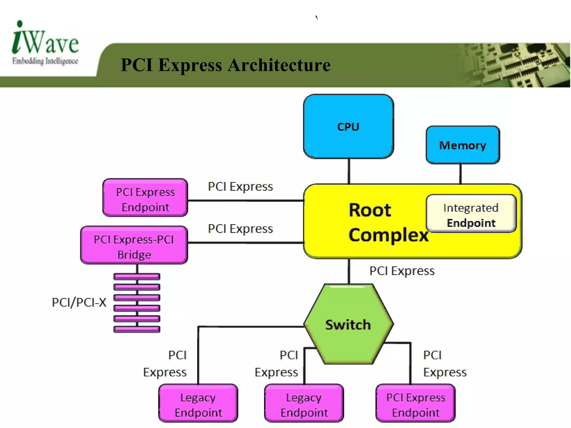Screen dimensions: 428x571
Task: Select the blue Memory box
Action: coord(463,145)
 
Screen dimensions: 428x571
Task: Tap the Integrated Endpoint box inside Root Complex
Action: coord(471,214)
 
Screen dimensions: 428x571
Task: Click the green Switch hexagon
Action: coord(348,324)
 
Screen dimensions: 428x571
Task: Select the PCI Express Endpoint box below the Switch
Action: coord(415,404)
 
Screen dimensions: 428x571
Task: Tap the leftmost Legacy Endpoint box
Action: coord(198,404)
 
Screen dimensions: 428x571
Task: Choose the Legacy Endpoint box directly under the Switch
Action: coord(304,404)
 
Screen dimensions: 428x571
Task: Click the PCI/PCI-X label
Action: coord(79,303)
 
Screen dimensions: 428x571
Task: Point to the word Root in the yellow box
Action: coord(370,210)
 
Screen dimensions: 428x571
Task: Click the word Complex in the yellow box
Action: coord(388,235)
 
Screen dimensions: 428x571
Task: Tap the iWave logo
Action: coord(45,39)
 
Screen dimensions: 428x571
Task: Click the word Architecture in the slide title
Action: coord(279,65)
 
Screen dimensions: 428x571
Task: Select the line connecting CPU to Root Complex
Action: coord(349,171)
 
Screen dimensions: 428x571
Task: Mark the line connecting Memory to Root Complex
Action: coord(460,173)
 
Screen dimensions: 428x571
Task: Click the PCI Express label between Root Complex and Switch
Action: coord(402,271)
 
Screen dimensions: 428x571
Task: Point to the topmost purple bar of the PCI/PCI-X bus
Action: coord(137,277)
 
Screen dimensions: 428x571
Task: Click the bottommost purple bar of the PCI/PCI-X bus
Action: coord(137,329)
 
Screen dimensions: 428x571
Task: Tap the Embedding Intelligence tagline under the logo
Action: coord(45,61)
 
